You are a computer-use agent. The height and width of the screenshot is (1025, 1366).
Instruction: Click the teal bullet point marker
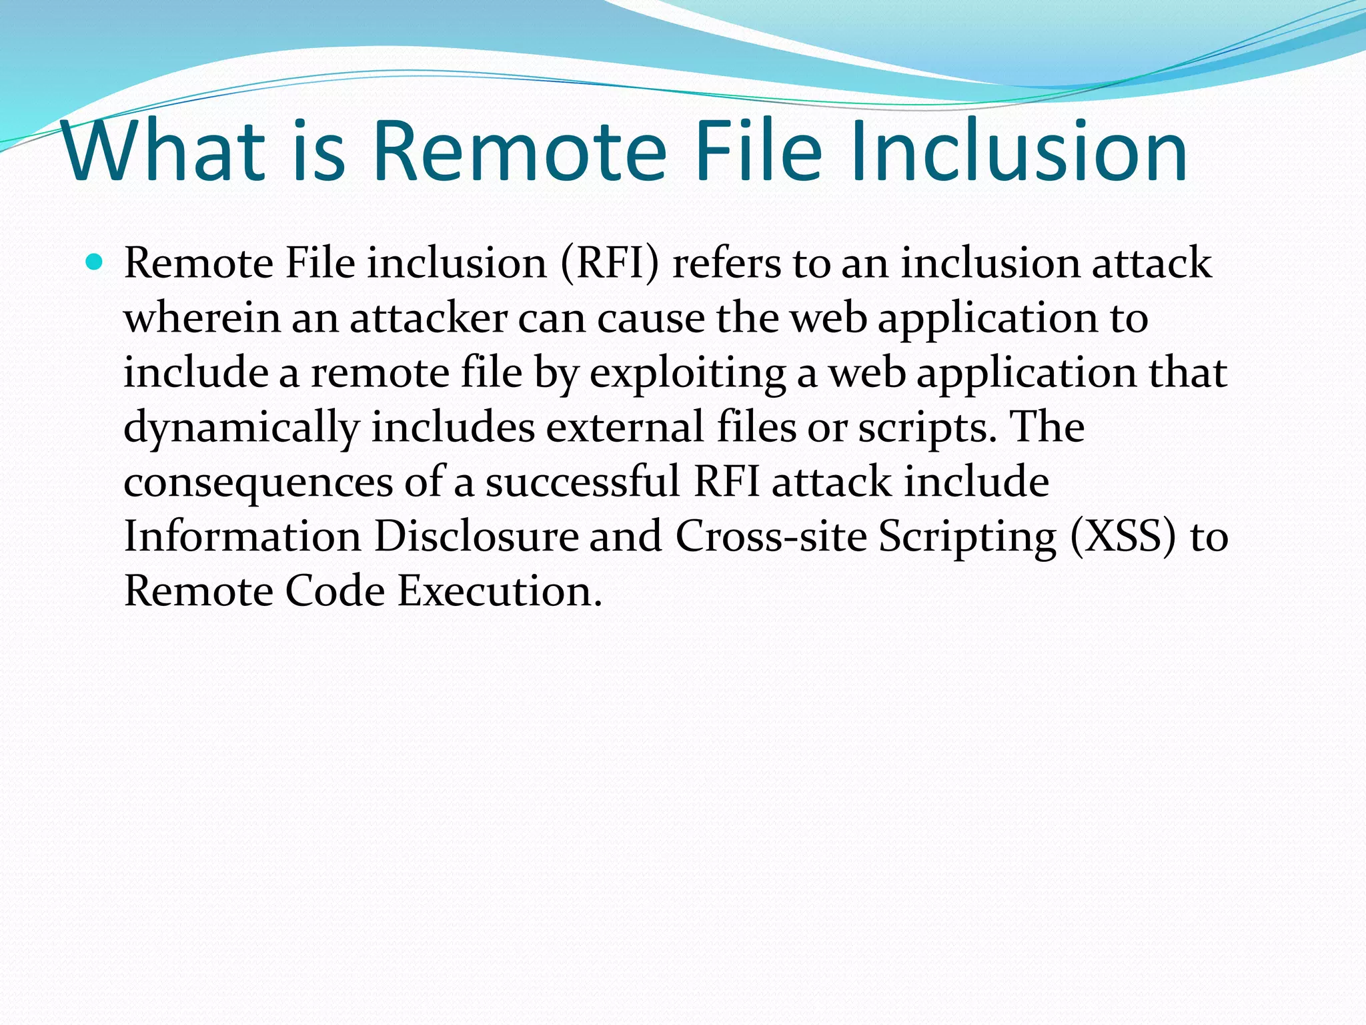coord(95,262)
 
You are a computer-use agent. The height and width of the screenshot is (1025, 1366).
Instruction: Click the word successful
coord(582,482)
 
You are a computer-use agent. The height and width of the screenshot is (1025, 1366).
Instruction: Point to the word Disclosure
coord(476,537)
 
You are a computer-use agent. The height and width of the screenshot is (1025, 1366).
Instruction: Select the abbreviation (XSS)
coord(1123,537)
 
